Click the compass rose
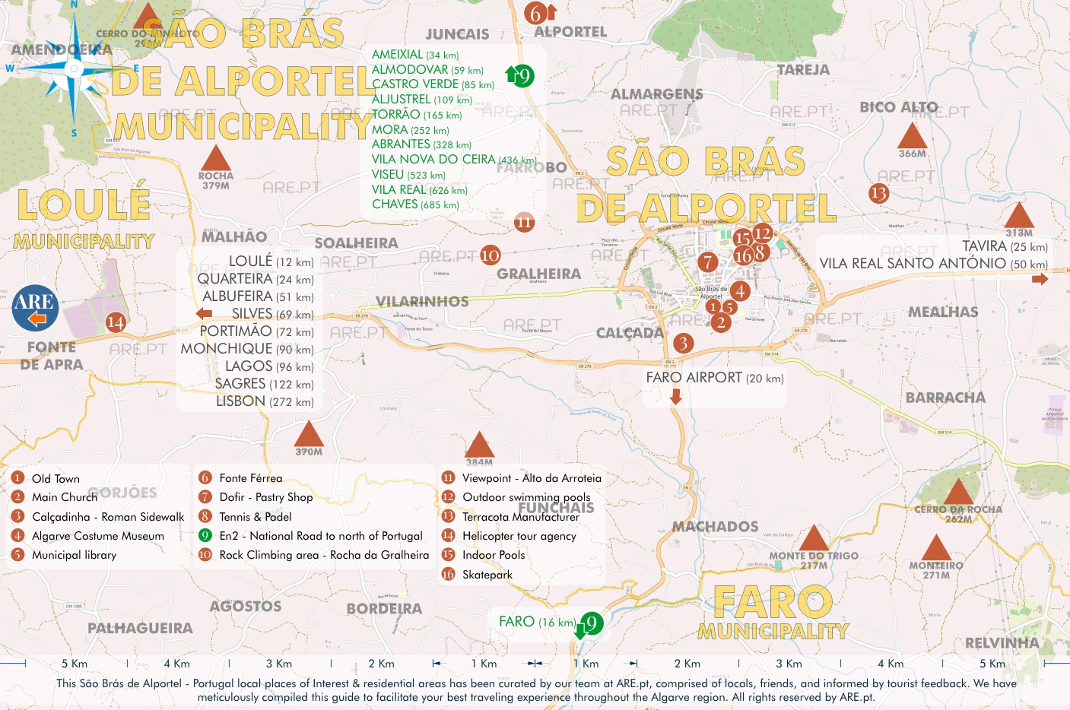[x=73, y=69]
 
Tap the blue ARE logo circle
[x=35, y=308]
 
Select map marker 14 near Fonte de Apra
[x=115, y=322]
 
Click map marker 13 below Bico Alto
[x=878, y=193]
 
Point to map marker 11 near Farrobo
[x=524, y=222]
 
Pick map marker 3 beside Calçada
[x=683, y=343]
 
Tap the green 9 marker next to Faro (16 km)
[x=591, y=623]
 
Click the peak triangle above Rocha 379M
[x=215, y=158]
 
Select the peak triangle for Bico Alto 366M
[x=912, y=135]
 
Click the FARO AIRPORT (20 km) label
[x=714, y=378]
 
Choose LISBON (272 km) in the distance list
[x=264, y=401]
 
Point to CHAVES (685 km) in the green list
[x=415, y=204]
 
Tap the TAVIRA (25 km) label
[x=1004, y=246]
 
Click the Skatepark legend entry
[x=487, y=575]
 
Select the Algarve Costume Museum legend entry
[x=97, y=536]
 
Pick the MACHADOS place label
[x=715, y=526]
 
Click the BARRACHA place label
[x=945, y=398]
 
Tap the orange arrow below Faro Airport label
[x=675, y=396]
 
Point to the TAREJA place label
[x=803, y=70]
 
